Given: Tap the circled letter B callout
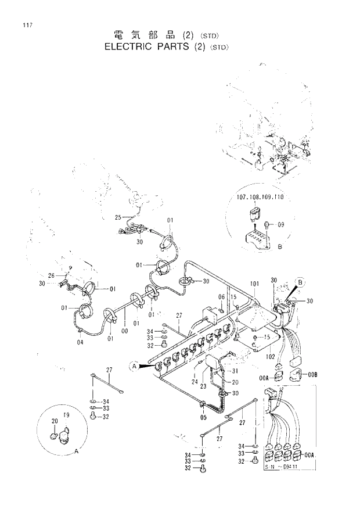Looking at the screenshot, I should point(301,283).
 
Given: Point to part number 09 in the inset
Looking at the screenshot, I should point(281,224).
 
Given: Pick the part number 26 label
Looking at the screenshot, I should point(51,275).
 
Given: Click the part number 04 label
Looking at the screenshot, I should point(80,342).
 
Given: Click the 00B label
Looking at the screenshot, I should point(313,374).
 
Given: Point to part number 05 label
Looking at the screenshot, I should point(203,417).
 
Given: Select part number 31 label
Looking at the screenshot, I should point(235,371).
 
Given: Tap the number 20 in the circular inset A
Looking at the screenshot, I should point(55,422).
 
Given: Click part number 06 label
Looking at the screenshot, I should point(221,297).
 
